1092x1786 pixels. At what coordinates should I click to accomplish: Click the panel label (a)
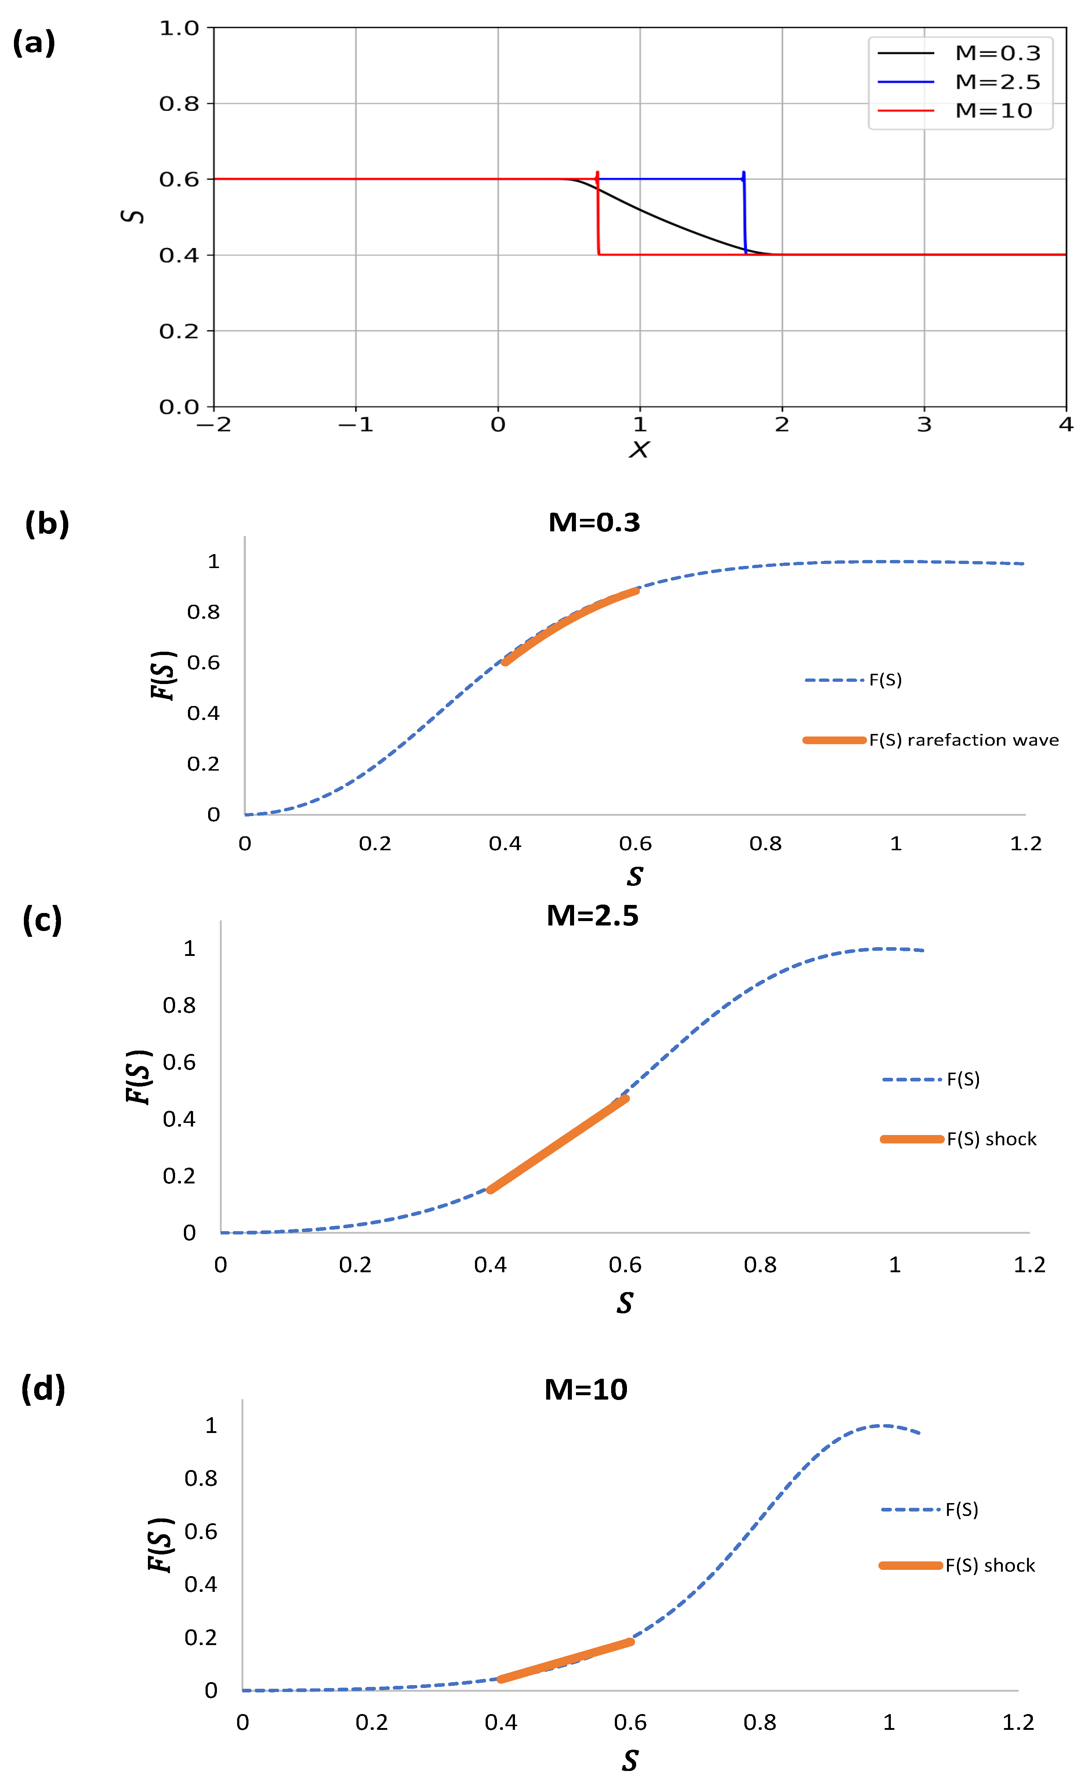(x=34, y=44)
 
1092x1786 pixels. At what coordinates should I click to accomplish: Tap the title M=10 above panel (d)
(x=586, y=1390)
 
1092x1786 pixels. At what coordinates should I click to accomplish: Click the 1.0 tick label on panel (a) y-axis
(x=179, y=28)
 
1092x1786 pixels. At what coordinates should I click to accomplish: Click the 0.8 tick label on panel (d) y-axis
(x=201, y=1478)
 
